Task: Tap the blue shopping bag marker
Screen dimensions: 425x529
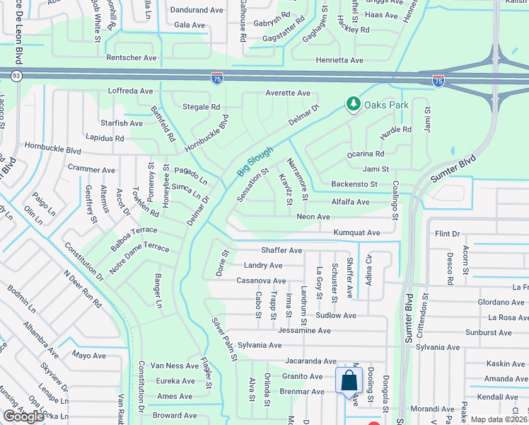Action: [x=349, y=380]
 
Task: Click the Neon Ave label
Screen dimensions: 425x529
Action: [x=313, y=217]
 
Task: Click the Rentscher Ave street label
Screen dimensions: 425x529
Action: [x=132, y=57]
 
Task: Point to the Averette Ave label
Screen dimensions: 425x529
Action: [x=287, y=93]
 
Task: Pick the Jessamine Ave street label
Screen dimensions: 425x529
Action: [x=304, y=330]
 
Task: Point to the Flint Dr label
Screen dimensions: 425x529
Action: [x=448, y=234]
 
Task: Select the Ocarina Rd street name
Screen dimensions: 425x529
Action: [x=365, y=153]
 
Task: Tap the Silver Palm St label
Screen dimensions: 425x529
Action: [x=223, y=340]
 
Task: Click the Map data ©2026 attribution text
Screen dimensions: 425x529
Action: [x=499, y=419]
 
